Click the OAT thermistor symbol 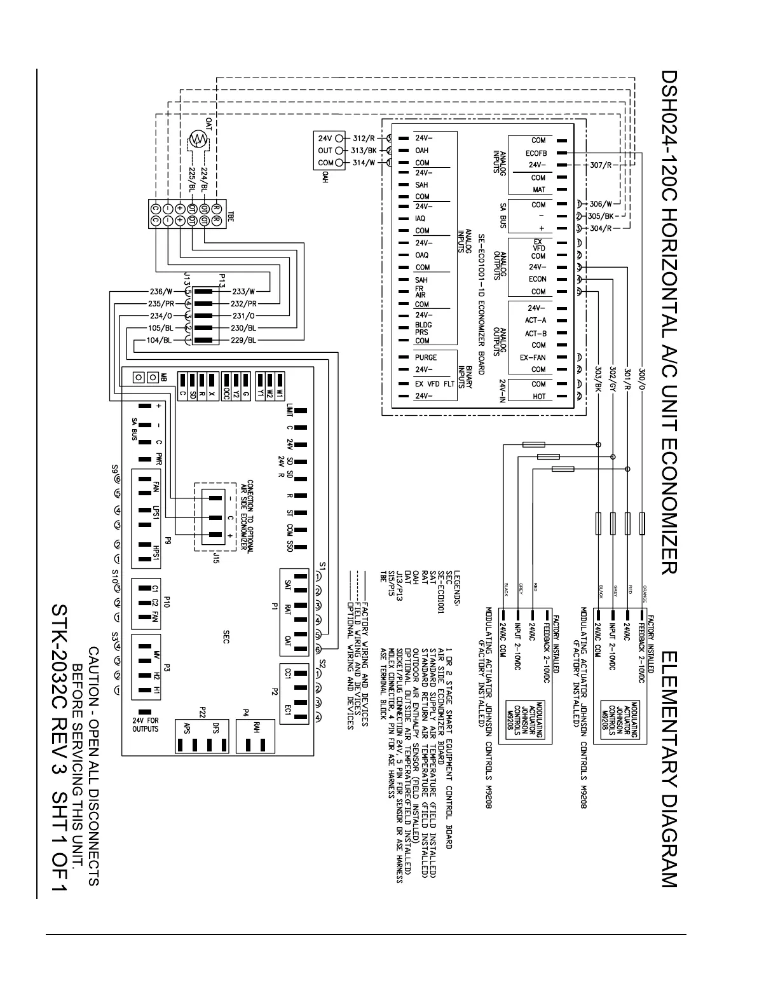199,139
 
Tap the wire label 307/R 600,165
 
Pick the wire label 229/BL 244,340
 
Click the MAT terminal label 538,189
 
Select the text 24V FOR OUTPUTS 142,725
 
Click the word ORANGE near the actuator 645,591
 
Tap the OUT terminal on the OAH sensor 325,151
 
